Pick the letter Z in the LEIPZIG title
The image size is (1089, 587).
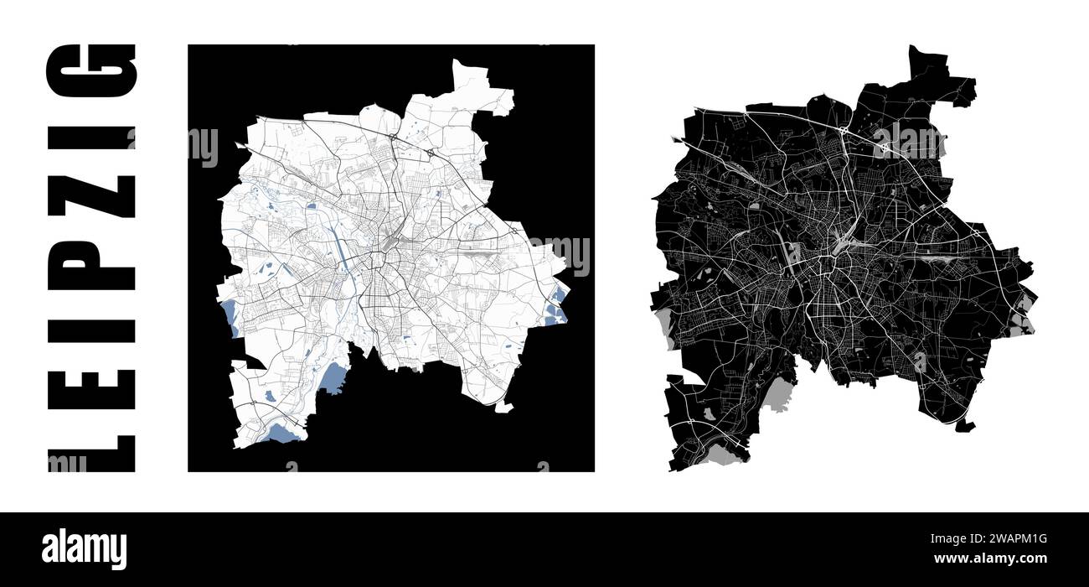pos(90,198)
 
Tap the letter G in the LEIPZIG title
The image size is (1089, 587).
pos(90,70)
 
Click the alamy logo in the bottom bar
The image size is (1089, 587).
pos(85,549)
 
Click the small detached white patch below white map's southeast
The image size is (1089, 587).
pos(503,408)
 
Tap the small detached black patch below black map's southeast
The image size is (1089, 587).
pos(964,425)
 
